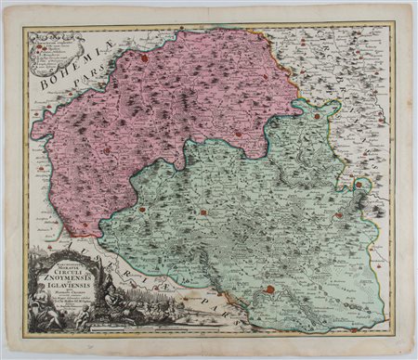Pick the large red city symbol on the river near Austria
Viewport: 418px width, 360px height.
269,290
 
